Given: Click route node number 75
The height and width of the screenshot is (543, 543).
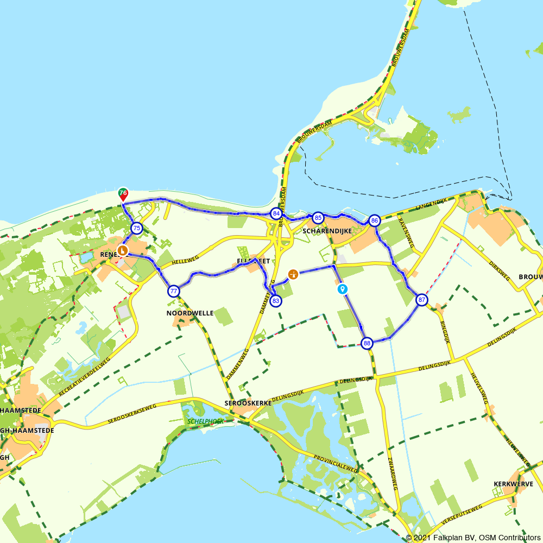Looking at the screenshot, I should [x=136, y=229].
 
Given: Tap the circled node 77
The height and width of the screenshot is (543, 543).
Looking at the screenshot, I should [x=174, y=291].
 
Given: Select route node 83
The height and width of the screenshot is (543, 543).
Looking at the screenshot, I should [x=276, y=301].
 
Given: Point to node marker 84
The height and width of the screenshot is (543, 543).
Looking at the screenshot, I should [x=276, y=213].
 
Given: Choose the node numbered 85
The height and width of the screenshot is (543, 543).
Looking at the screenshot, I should [x=318, y=218].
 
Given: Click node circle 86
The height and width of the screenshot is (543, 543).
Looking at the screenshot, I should [x=374, y=220].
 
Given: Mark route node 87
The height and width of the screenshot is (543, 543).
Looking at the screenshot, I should [x=422, y=300].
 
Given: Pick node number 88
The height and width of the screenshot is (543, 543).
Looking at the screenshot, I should [x=368, y=343].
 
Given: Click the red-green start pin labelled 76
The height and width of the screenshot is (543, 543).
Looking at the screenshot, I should [x=123, y=194].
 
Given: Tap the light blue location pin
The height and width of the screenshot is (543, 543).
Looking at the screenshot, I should [x=342, y=288].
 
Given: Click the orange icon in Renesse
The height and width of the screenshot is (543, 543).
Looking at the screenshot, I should [x=123, y=250].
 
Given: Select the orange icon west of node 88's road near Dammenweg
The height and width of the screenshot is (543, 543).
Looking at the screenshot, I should [x=293, y=274].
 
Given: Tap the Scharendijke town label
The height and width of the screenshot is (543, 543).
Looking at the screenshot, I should [x=324, y=231].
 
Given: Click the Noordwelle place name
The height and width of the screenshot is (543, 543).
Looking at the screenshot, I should [x=182, y=313].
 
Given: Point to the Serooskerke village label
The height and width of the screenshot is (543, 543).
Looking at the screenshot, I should [x=248, y=403].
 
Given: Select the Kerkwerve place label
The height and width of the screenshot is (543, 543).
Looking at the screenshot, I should [x=513, y=484].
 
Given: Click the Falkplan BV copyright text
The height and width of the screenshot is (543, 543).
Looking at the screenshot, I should [x=473, y=538].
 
